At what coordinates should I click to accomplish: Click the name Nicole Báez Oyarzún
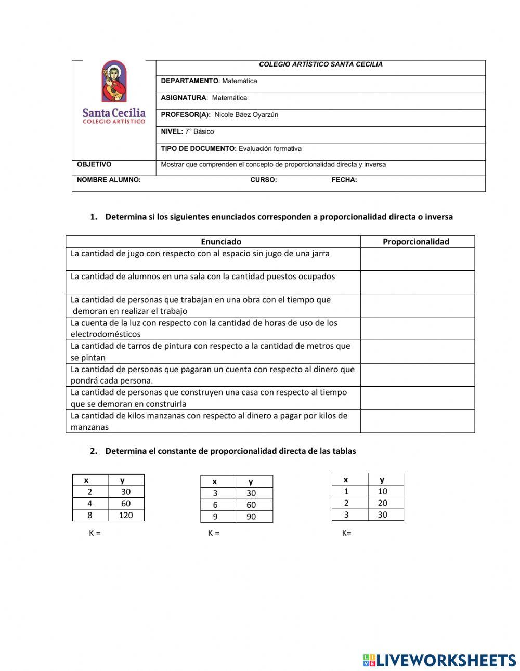click(x=246, y=115)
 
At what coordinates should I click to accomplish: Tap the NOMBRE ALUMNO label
click(x=109, y=180)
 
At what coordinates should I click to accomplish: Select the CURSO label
click(x=264, y=180)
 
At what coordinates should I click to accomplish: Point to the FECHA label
click(x=344, y=180)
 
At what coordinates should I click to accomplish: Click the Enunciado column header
click(x=221, y=242)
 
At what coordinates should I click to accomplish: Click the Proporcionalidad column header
click(x=416, y=242)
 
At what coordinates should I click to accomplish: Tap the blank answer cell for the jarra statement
click(x=417, y=259)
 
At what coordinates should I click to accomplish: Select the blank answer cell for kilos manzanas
click(x=417, y=421)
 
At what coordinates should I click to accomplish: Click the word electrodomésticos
click(x=106, y=334)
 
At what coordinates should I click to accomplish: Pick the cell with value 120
click(x=126, y=516)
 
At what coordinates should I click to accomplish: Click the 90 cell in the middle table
click(x=251, y=517)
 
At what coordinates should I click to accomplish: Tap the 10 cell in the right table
click(x=383, y=491)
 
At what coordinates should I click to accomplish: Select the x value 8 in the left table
click(x=90, y=516)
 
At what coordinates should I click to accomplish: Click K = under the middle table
click(x=214, y=533)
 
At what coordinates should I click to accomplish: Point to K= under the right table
click(x=347, y=533)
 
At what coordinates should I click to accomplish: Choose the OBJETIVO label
click(x=94, y=165)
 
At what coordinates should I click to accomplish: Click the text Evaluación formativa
click(x=270, y=149)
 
